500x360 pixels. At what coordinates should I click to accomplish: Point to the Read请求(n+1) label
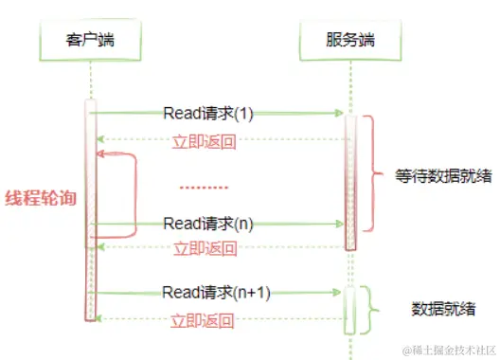pyautogui.click(x=217, y=293)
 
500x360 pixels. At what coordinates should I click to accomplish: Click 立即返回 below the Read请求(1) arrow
pyautogui.click(x=204, y=142)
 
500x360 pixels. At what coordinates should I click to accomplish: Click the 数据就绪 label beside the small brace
pyautogui.click(x=443, y=308)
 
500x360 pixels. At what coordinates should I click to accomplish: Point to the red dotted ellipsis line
pyautogui.click(x=204, y=187)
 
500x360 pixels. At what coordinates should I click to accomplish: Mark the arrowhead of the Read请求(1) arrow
pyautogui.click(x=337, y=113)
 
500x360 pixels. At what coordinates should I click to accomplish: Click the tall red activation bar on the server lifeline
pyautogui.click(x=351, y=180)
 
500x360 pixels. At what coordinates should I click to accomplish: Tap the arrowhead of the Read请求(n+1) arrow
pyautogui.click(x=337, y=294)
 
